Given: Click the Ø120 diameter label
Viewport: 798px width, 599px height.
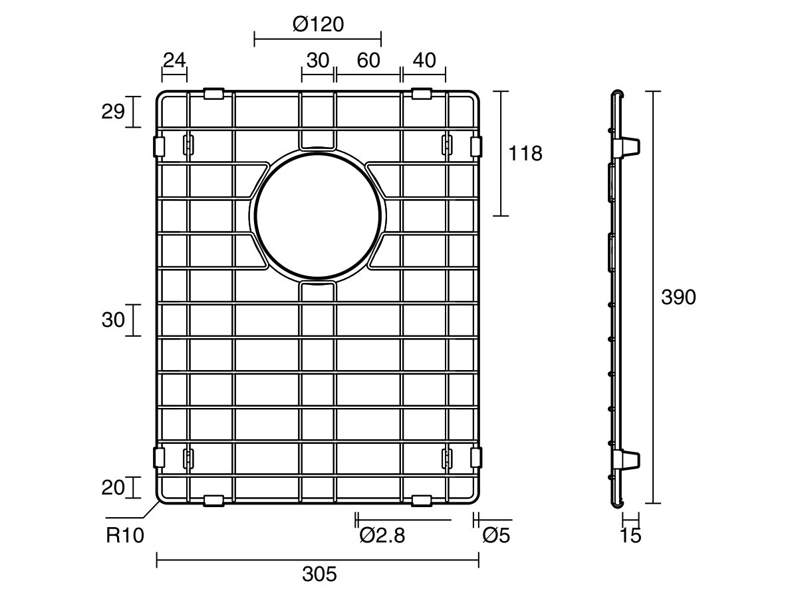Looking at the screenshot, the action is click(x=318, y=25).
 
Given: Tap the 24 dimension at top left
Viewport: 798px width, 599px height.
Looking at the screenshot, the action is click(x=174, y=61).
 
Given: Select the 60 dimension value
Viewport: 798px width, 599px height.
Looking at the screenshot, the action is click(x=368, y=61).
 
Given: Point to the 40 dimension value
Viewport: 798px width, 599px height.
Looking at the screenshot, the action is click(x=424, y=61).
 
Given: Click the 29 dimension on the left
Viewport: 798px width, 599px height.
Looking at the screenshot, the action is click(x=113, y=112).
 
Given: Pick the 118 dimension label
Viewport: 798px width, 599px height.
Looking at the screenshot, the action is click(x=525, y=154).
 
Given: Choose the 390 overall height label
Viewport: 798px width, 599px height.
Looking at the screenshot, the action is click(x=678, y=297).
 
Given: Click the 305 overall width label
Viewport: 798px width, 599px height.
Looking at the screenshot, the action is click(x=320, y=574).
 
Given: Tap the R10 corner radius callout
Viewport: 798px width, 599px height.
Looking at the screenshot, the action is click(x=125, y=535).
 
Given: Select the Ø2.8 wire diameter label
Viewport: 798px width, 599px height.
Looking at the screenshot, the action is click(x=382, y=535).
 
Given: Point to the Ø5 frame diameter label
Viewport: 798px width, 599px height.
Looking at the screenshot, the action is click(x=496, y=535).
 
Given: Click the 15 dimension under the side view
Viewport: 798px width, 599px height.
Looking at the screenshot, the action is click(x=630, y=535).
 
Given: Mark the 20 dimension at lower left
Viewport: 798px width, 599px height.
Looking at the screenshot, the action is click(x=113, y=488).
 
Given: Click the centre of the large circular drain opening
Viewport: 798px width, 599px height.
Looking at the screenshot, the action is click(x=318, y=216).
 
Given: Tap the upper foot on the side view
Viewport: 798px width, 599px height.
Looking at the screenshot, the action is click(x=626, y=147).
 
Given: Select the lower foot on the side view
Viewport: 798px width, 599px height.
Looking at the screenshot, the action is click(x=626, y=460).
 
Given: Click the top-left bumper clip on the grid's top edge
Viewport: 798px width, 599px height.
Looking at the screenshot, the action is click(x=213, y=93).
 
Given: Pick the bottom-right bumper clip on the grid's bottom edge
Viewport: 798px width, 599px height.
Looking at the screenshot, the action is click(x=422, y=500).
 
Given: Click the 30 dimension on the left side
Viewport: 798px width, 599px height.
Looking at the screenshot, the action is click(x=113, y=320).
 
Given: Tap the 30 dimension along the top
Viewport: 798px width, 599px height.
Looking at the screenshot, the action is click(x=318, y=61).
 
